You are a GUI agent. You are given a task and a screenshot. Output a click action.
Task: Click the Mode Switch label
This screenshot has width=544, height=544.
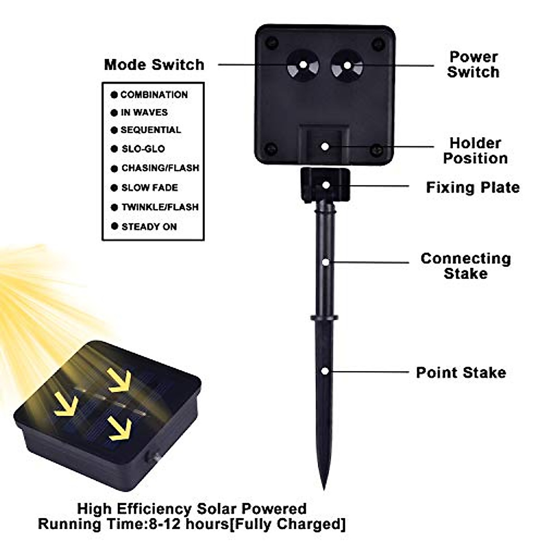pyautogui.click(x=154, y=65)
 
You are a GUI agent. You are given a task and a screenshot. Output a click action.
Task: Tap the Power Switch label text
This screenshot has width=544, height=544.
pyautogui.click(x=473, y=64)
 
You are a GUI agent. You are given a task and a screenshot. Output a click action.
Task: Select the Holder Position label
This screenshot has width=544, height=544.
pyautogui.click(x=475, y=151)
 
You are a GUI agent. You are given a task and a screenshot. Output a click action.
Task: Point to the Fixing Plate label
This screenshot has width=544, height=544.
pyautogui.click(x=473, y=188)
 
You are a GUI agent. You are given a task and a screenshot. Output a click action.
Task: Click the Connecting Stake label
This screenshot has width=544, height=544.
pyautogui.click(x=466, y=266)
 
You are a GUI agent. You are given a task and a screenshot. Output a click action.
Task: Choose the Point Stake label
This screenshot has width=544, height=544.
pyautogui.click(x=461, y=373)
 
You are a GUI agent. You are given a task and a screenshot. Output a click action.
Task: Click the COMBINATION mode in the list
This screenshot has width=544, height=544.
pyautogui.click(x=154, y=95)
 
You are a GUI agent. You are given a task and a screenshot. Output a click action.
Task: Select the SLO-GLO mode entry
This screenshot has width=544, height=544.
pyautogui.click(x=143, y=149)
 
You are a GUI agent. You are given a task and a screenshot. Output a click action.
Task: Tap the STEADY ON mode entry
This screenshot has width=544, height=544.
pyautogui.click(x=149, y=227)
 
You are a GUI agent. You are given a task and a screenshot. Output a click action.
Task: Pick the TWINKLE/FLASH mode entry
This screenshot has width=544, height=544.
pyautogui.click(x=160, y=207)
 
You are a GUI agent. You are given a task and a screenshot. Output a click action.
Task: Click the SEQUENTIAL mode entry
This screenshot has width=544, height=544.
pyautogui.click(x=151, y=130)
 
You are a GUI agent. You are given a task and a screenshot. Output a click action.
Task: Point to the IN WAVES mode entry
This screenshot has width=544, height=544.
pyautogui.click(x=144, y=112)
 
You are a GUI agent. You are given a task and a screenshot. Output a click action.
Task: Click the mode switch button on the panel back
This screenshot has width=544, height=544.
pyautogui.click(x=302, y=66)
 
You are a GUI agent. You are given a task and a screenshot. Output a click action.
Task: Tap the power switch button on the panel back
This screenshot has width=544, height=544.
pyautogui.click(x=347, y=66)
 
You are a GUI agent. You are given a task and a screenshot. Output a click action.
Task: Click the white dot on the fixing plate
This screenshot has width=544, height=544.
pyautogui.click(x=325, y=185)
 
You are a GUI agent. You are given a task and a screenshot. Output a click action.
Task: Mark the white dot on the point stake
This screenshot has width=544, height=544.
pyautogui.click(x=325, y=371)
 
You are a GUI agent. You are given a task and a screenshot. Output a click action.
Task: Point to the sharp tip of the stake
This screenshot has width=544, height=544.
pyautogui.click(x=324, y=488)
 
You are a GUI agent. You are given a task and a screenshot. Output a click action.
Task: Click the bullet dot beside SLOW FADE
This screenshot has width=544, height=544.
pyautogui.click(x=114, y=188)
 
